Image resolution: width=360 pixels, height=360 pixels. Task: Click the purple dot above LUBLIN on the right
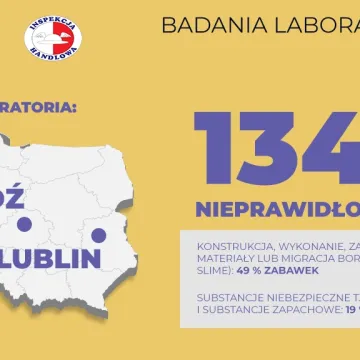pyautogui.click(x=98, y=235)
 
